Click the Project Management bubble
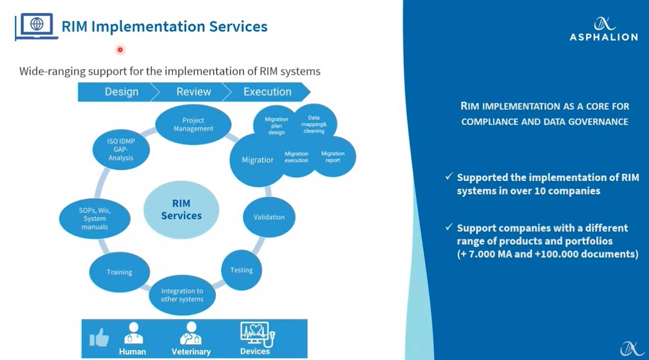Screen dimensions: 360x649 (x=193, y=124)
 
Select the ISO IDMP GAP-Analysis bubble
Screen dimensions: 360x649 (x=121, y=149)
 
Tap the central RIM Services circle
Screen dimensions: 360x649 (x=181, y=210)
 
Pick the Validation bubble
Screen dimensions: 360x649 (x=269, y=217)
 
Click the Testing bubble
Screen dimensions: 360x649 (x=241, y=270)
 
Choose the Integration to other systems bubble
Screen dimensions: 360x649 (x=182, y=295)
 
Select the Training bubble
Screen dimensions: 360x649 (x=119, y=272)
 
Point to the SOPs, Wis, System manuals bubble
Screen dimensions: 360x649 (x=94, y=218)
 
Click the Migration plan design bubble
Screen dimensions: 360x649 (x=276, y=125)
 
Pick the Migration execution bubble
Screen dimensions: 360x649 (x=297, y=157)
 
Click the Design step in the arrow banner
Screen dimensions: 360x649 (x=121, y=92)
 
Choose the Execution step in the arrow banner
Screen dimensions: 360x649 (x=267, y=92)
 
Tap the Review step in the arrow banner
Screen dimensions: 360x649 (x=193, y=92)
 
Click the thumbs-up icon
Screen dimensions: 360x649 (x=99, y=337)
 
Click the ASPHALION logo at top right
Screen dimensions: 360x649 (x=604, y=29)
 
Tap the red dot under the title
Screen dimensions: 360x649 (x=120, y=49)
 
